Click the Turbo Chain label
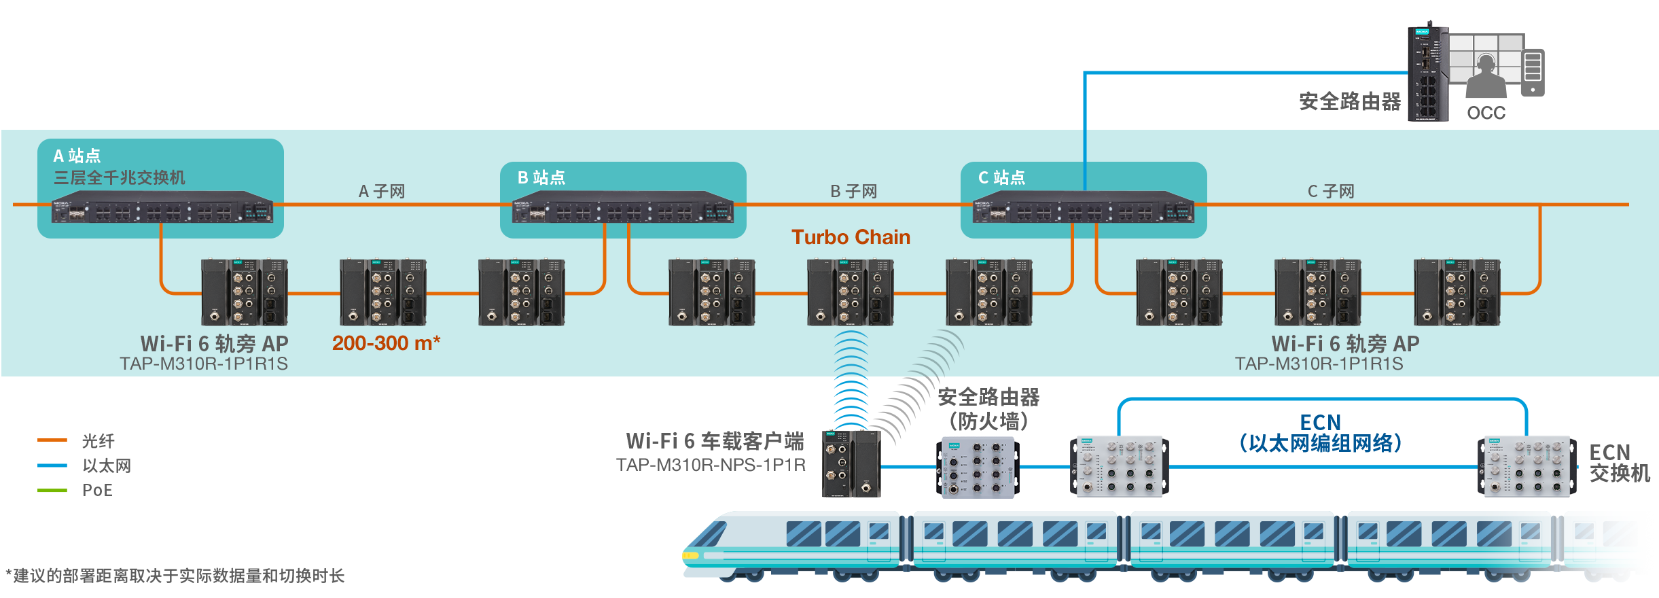point(851,237)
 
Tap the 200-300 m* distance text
point(386,343)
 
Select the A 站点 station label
point(77,156)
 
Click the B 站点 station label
point(541,177)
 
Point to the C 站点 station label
point(1001,177)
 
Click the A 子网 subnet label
point(382,192)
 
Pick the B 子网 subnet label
point(853,192)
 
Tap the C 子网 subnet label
point(1331,192)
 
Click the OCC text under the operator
point(1486,113)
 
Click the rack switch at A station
point(162,211)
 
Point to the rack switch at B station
point(622,211)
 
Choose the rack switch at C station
point(1083,211)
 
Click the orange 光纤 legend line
point(52,440)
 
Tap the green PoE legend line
point(52,490)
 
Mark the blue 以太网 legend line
point(52,465)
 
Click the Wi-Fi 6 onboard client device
point(851,463)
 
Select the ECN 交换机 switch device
point(1527,466)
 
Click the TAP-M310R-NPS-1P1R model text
point(711,465)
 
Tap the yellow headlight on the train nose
point(690,555)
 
